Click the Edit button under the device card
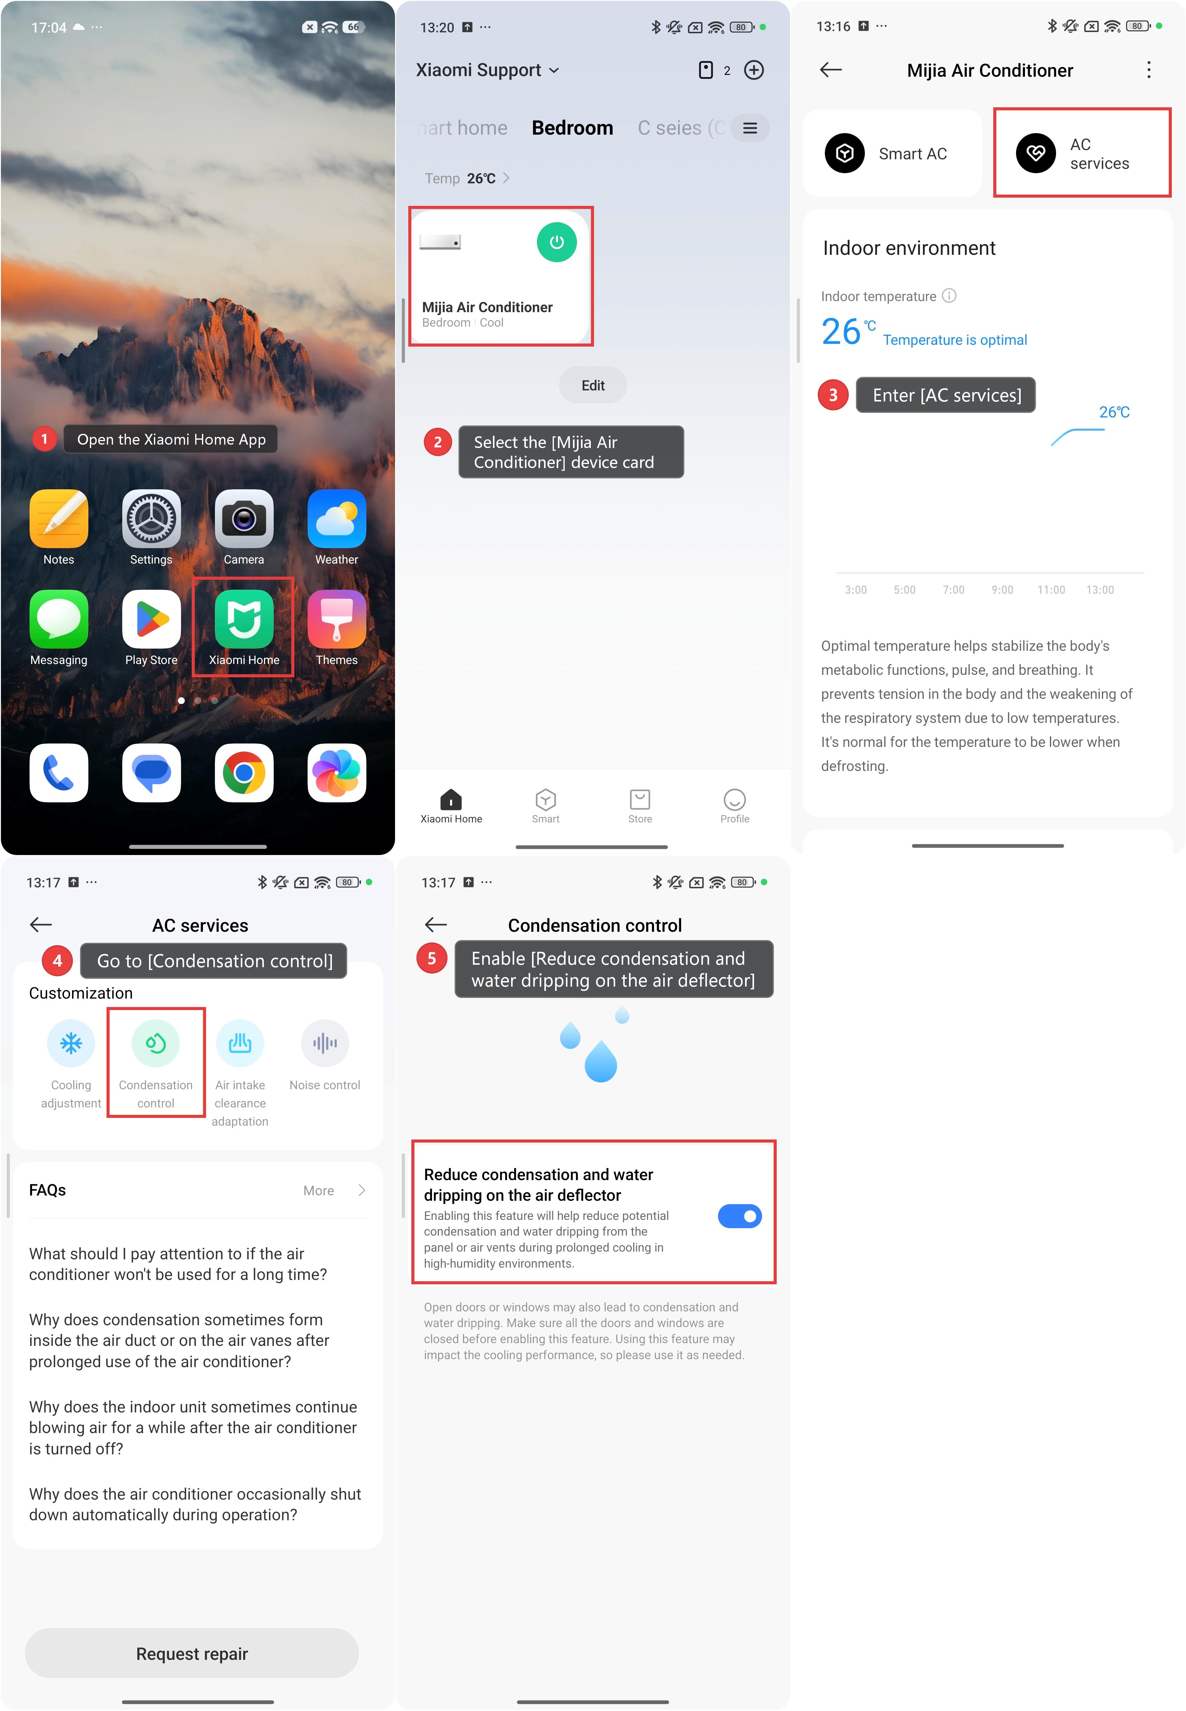(593, 385)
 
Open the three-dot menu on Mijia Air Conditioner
(1149, 70)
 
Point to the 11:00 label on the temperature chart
(1051, 590)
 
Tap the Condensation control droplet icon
(155, 1043)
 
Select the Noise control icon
(325, 1043)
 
